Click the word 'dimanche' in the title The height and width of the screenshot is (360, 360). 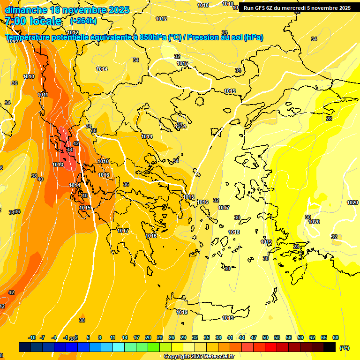coord(26,10)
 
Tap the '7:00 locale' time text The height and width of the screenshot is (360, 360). coord(33,21)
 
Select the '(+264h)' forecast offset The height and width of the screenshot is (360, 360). coord(83,21)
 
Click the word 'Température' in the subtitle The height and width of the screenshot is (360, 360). coord(29,37)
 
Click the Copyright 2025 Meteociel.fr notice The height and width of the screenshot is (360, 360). coord(199,357)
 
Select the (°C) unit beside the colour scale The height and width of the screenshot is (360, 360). coord(344,347)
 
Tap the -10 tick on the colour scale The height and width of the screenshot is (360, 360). coord(32,337)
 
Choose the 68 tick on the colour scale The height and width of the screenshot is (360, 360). coord(336,337)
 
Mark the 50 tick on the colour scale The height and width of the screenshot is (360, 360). coord(265,337)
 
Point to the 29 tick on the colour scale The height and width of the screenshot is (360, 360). coord(183,337)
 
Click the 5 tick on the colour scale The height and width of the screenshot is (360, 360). coord(88,337)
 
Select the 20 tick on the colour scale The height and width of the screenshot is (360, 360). coord(148,337)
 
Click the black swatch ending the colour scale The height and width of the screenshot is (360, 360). coord(330,347)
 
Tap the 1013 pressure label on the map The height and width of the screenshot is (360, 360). coord(58,165)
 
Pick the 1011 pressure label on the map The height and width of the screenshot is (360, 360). coord(43,95)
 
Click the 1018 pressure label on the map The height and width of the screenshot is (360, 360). coord(234,232)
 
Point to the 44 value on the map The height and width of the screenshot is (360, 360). coord(70,150)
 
